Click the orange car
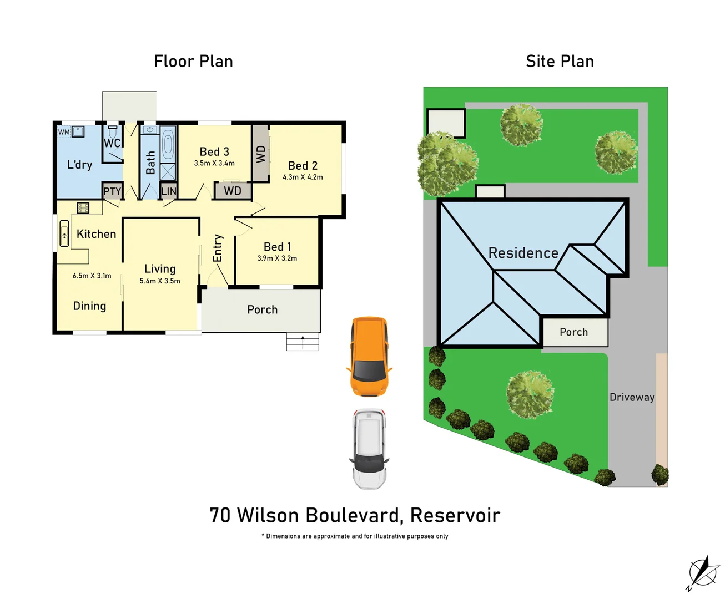coord(369,356)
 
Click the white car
coord(369,449)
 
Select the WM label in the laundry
coord(64,132)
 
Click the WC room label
coord(112,143)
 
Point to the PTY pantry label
coord(112,191)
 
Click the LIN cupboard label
coord(168,191)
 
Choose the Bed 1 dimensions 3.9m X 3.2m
coord(277,258)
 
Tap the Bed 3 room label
coord(214,151)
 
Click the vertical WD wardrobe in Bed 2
coord(261,154)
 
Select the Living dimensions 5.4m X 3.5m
coord(160,281)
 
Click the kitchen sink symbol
coord(64,233)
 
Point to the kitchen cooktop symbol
coord(83,208)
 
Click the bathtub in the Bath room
coord(168,146)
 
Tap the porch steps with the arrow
coord(303,342)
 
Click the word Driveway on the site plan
coord(632,397)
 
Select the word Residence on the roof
coord(523,253)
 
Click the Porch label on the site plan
coord(573,332)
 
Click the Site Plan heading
coord(560,61)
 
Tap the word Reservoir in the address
coord(455,515)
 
